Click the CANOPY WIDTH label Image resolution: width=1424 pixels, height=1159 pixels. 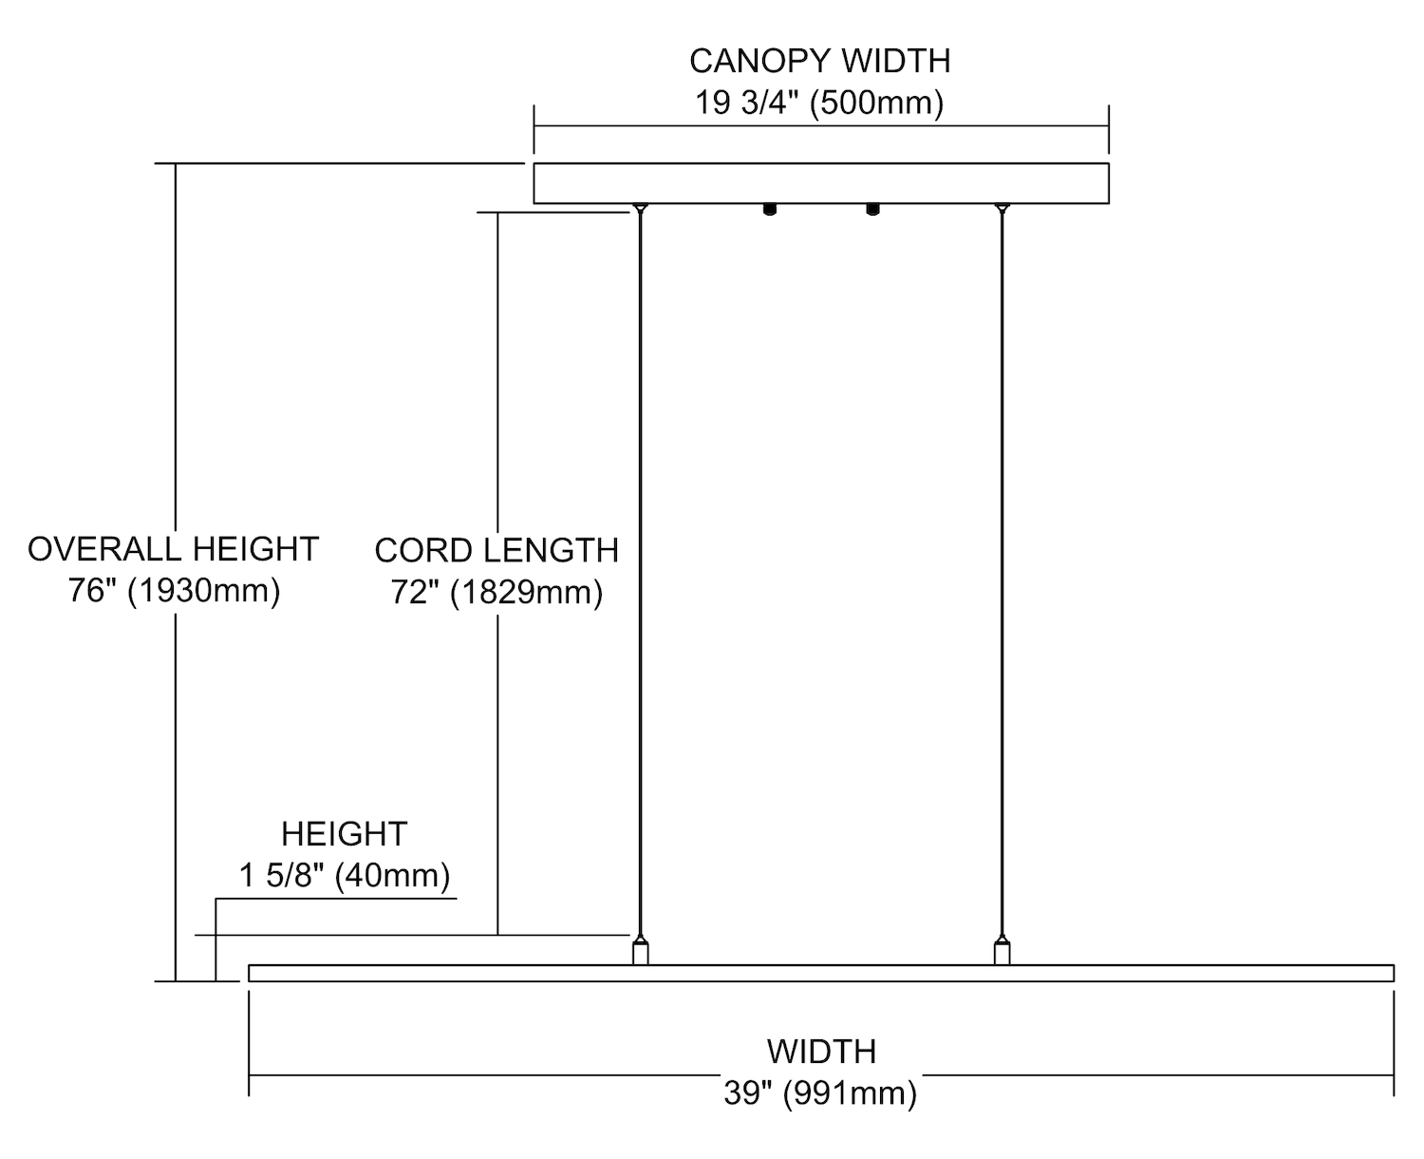(819, 61)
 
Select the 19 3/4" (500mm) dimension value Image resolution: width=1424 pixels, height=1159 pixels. (819, 103)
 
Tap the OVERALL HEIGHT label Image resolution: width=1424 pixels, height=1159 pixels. (173, 549)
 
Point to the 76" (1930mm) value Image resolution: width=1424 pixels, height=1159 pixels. (174, 591)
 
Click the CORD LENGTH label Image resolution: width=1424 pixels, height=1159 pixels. (497, 551)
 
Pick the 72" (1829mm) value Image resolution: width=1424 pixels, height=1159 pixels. (497, 593)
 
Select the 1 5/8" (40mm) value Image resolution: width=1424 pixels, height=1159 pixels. (344, 875)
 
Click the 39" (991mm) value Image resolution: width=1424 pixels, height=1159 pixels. (820, 1093)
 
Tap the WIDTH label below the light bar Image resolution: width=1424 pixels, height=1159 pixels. (821, 1052)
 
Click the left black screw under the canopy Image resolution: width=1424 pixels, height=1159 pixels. (769, 209)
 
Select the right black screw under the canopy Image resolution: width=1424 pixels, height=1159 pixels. (872, 209)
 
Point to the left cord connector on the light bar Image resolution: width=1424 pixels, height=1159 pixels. (641, 952)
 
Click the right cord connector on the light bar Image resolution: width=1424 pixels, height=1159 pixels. (1002, 952)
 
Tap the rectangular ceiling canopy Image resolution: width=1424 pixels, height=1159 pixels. (821, 183)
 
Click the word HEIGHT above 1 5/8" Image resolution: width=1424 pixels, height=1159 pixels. (344, 834)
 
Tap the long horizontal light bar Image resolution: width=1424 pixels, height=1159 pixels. (821, 973)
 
